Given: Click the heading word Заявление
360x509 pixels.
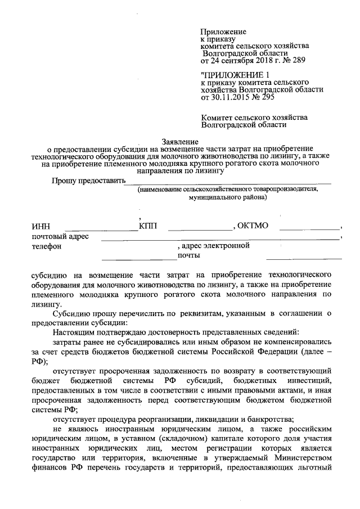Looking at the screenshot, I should [181, 141].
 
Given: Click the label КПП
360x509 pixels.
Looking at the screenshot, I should [148, 226].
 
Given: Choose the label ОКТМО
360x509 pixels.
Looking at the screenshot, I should [254, 226].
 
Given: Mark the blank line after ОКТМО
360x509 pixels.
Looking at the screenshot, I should [309, 229].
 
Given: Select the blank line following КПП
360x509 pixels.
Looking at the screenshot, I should [200, 229].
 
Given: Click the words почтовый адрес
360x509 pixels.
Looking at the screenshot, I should [60, 236].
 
